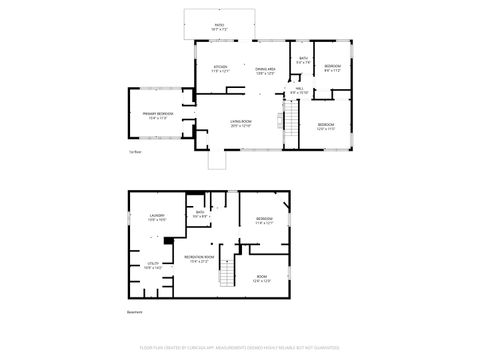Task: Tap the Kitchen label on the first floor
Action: [x=221, y=70]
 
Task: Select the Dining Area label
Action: [x=265, y=70]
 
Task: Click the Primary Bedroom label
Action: [x=158, y=115]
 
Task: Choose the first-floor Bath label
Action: [x=303, y=60]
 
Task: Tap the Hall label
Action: [x=298, y=91]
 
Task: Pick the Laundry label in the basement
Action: [x=157, y=217]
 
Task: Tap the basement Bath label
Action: [x=200, y=214]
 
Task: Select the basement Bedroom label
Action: [x=265, y=220]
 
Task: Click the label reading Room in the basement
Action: [x=262, y=278]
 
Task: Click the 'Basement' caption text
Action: [x=135, y=312]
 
